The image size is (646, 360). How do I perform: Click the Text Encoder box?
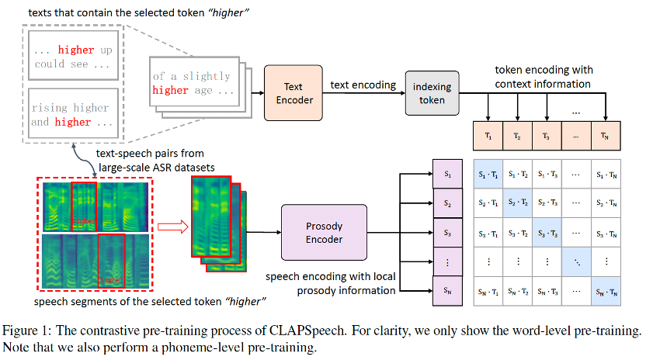click(x=293, y=92)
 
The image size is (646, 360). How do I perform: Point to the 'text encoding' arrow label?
click(x=363, y=85)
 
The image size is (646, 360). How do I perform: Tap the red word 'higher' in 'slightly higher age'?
click(x=170, y=90)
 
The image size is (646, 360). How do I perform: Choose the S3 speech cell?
click(x=447, y=232)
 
